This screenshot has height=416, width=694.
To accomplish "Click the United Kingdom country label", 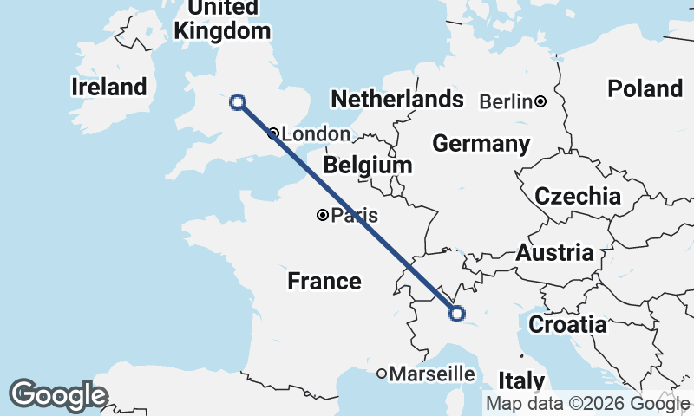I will tap(222, 19).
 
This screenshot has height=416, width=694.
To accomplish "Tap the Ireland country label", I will tap(109, 87).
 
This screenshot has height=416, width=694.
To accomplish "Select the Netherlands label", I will tap(397, 99).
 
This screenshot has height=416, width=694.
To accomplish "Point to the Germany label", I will tap(481, 144).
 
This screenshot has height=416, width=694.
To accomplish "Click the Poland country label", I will tap(645, 88).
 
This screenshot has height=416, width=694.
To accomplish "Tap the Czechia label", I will tap(578, 196).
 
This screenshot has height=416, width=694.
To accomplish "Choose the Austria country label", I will tap(554, 253).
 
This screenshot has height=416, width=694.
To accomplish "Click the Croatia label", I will tap(567, 325).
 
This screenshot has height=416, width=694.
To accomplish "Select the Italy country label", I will tap(521, 380).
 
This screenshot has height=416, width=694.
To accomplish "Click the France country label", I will tap(324, 281).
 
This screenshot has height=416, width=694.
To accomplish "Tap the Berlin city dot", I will tap(540, 101).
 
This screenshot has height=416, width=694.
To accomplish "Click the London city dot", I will tap(273, 133).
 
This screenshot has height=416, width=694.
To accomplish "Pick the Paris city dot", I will tap(323, 215).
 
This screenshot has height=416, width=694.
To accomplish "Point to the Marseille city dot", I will tap(382, 374).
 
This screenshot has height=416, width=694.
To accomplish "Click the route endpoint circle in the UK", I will tap(237, 102).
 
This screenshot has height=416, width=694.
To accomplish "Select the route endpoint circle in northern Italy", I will tap(456, 314).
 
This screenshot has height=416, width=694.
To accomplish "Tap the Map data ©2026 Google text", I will tap(587, 403).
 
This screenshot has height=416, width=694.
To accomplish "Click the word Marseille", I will tap(432, 374).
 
